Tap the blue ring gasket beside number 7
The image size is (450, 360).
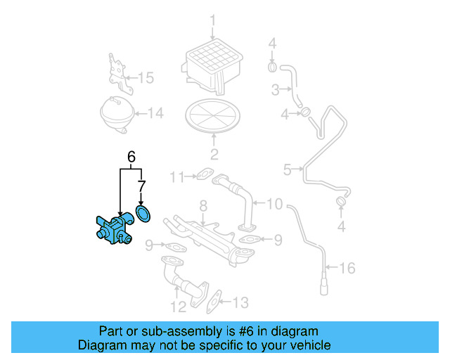144,212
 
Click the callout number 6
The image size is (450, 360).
131,156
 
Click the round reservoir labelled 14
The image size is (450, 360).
116,112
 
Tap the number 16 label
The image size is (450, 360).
347,268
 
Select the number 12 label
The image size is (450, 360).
178,306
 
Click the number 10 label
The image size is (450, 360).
274,204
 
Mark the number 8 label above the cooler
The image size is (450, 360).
202,206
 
